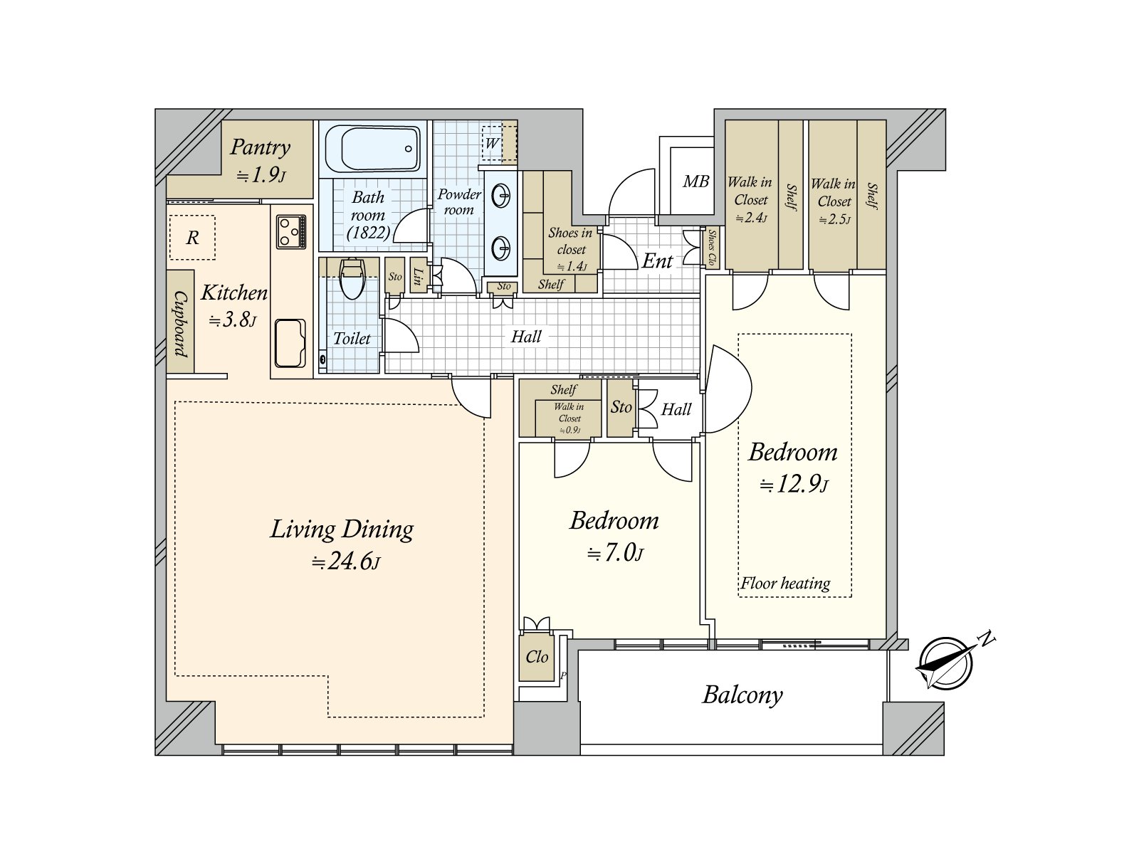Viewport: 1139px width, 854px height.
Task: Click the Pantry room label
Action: tap(260, 147)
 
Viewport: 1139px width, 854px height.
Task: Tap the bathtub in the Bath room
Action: tap(372, 148)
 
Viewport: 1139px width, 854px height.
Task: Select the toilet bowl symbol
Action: tap(352, 279)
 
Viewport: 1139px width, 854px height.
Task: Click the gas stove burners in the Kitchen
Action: tap(291, 231)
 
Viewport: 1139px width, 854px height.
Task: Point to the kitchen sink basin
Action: tap(290, 343)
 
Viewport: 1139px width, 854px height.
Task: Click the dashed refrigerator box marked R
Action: tap(192, 238)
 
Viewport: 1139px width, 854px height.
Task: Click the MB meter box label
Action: tap(696, 181)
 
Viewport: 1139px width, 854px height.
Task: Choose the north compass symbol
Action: tap(945, 663)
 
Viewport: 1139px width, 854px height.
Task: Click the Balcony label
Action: tap(742, 695)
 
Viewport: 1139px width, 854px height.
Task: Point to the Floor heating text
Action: tap(785, 584)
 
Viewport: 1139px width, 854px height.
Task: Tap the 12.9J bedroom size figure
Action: tap(794, 485)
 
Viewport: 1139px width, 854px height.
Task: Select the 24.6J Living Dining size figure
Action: tap(345, 561)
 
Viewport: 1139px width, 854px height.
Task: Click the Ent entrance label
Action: tap(657, 261)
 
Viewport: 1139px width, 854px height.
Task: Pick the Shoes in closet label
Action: tap(570, 241)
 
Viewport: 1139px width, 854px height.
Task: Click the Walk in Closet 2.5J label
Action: tap(834, 201)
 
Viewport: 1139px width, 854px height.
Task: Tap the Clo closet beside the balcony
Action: tap(537, 657)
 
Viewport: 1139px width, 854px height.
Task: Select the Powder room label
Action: tap(459, 201)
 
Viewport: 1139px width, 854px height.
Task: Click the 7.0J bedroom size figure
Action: tap(616, 554)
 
